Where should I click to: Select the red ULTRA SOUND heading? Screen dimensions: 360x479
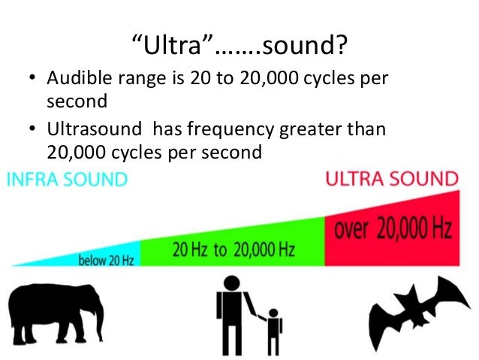pyautogui.click(x=391, y=179)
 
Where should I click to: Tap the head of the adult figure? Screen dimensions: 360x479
pyautogui.click(x=231, y=282)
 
